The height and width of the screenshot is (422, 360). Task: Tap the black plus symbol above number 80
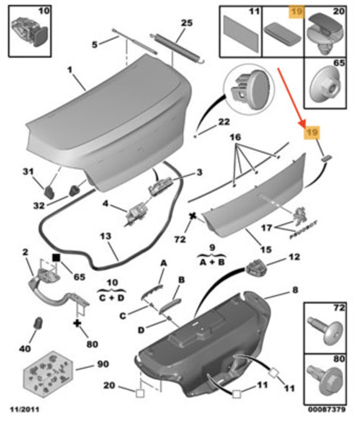(77, 323)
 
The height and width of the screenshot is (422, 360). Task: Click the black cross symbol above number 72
(193, 216)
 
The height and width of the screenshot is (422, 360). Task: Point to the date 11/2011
(24, 410)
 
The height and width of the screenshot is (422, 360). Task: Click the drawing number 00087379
(327, 410)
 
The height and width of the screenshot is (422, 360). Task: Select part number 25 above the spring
(186, 23)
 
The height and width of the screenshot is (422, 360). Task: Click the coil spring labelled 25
(177, 49)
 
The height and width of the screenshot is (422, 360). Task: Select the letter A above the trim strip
(163, 263)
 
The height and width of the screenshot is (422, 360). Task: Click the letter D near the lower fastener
(141, 330)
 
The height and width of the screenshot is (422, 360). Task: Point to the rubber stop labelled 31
(49, 191)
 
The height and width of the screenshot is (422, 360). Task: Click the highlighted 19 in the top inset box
(297, 11)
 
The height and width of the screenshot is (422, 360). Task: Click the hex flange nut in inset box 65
(324, 86)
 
